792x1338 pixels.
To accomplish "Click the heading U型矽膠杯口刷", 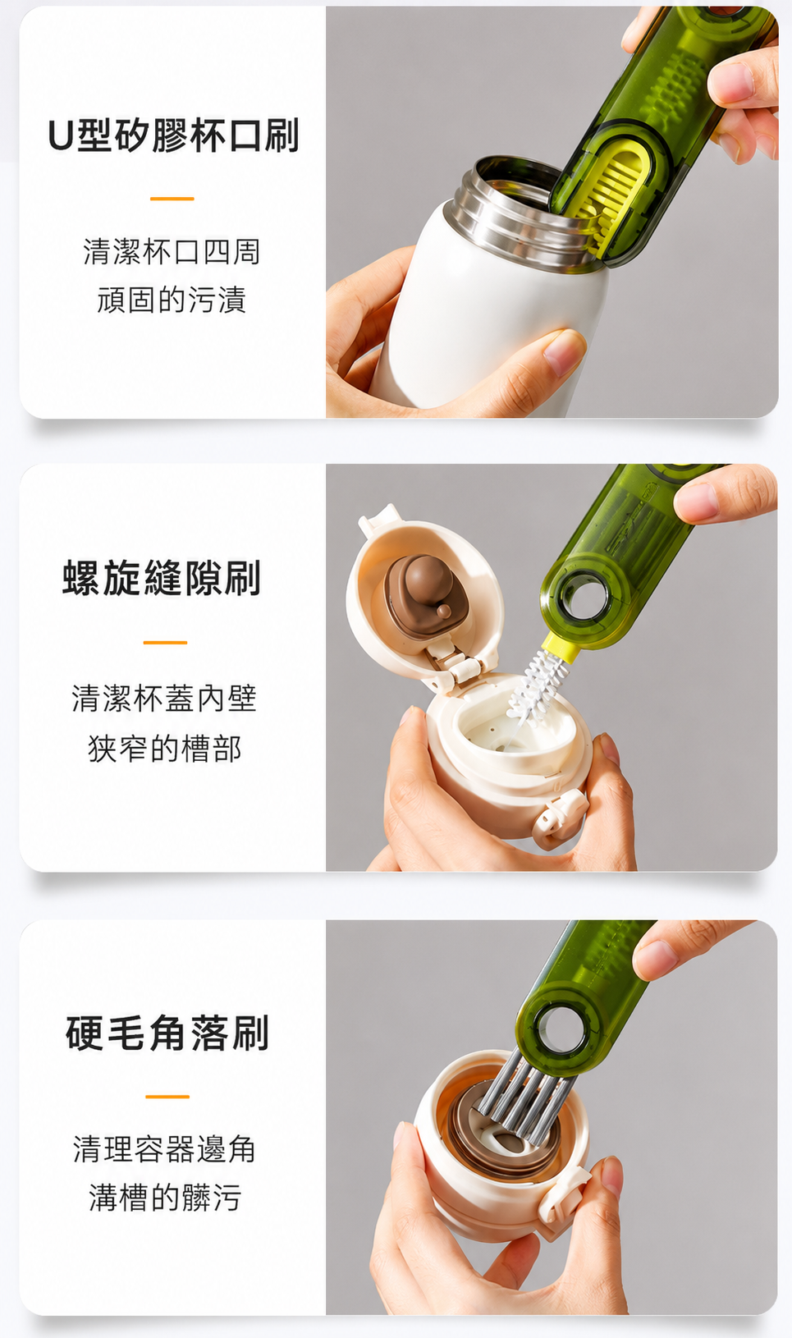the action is [173, 135].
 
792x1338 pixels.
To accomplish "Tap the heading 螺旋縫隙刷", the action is [162, 578].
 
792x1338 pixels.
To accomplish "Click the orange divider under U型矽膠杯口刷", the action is [172, 199].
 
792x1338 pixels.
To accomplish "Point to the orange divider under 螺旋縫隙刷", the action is [165, 642].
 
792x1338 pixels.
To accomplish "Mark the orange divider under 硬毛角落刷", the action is [167, 1097].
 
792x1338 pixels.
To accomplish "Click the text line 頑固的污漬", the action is [172, 300].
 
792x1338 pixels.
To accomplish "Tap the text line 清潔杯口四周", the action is [172, 251].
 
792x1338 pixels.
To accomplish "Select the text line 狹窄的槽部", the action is [164, 749].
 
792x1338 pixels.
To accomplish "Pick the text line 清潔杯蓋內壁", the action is [164, 699].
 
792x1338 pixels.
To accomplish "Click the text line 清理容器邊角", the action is [164, 1148].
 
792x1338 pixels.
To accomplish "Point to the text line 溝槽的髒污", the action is [165, 1198].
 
